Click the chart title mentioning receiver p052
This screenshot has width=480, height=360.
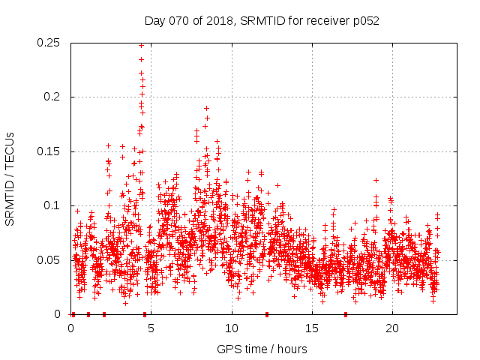[x=262, y=21]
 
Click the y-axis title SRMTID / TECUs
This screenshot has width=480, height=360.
[x=10, y=179]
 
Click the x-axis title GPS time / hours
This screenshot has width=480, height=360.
[x=262, y=349]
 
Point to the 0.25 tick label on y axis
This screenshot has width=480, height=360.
[x=50, y=43]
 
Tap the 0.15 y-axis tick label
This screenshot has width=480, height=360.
[x=50, y=151]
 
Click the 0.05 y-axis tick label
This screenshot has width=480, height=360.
[x=50, y=260]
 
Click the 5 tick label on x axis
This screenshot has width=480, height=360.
[x=151, y=328]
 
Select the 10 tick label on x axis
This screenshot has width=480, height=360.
[x=231, y=328]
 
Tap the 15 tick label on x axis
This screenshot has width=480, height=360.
[x=311, y=328]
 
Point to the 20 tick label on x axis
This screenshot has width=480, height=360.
[x=391, y=328]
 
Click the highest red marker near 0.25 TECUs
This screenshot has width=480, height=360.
[x=141, y=45]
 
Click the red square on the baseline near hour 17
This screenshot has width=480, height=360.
[x=346, y=314]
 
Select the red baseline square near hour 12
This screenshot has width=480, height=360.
[x=266, y=314]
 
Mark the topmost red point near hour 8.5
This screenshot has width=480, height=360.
[x=206, y=108]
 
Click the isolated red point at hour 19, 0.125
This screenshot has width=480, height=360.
[x=376, y=180]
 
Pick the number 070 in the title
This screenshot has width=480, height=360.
[x=177, y=21]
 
